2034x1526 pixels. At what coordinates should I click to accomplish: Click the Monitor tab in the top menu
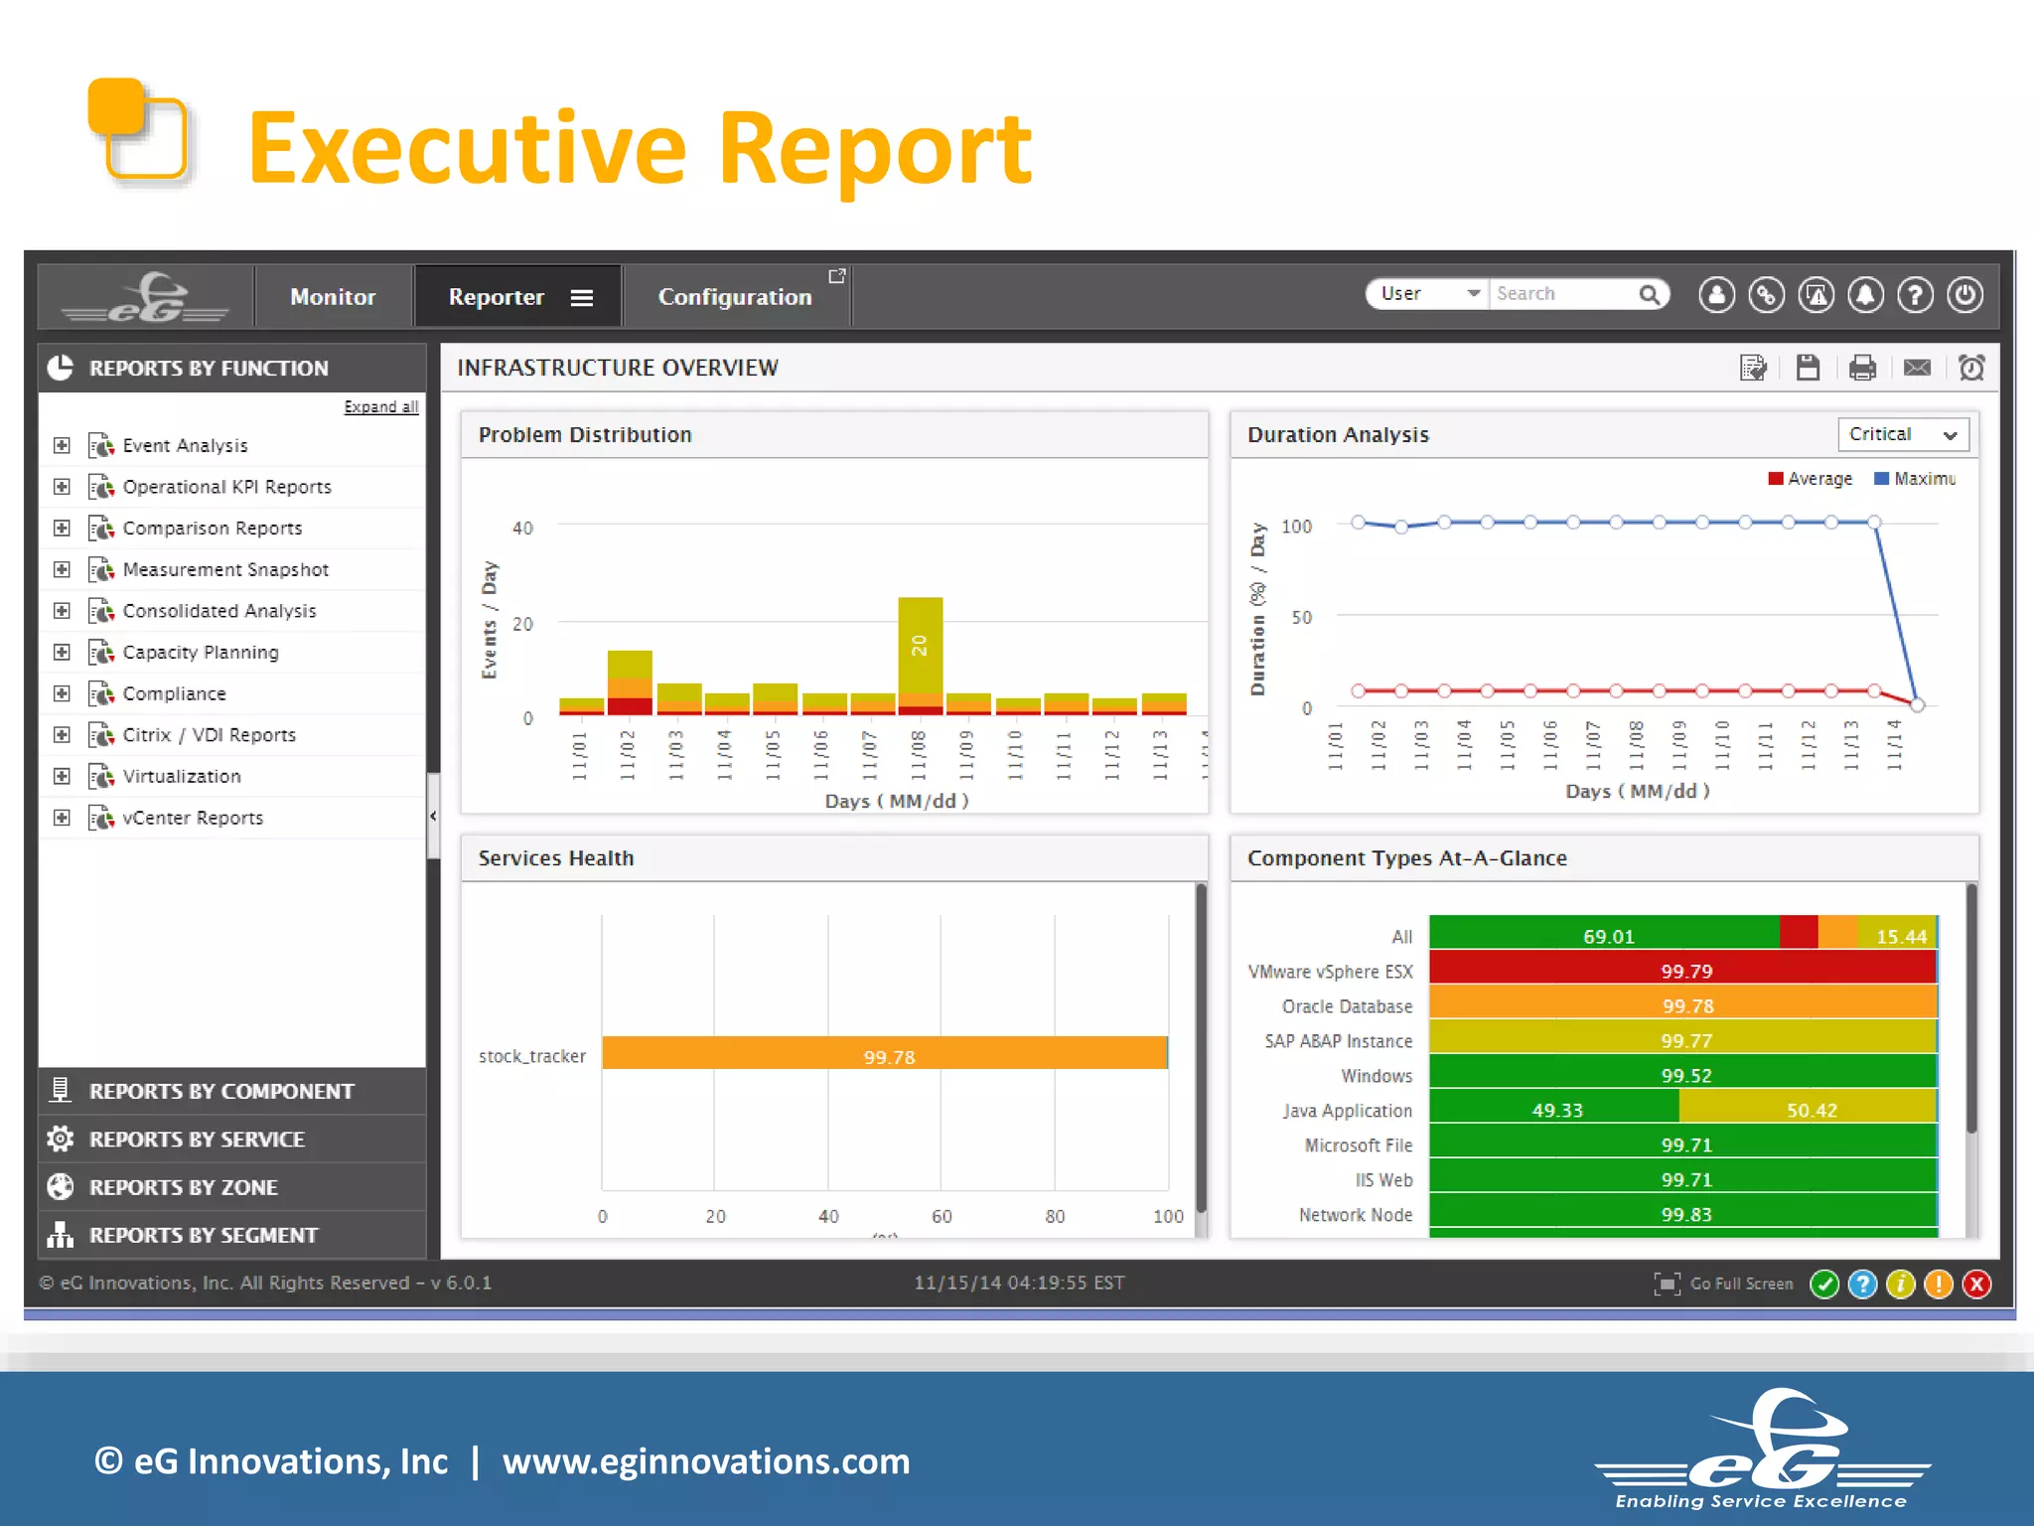[333, 297]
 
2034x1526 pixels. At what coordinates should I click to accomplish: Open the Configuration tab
[735, 297]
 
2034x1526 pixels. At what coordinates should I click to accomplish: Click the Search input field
[1563, 294]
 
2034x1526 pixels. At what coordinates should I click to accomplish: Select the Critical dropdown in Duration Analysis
[1902, 435]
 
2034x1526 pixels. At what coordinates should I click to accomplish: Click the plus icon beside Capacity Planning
[62, 653]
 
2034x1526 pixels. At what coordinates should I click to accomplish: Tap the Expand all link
[380, 407]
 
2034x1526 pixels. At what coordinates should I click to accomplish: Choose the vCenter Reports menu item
[193, 819]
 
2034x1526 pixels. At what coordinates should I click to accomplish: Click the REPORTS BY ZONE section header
[184, 1187]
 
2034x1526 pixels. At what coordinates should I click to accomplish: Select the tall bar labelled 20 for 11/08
[920, 646]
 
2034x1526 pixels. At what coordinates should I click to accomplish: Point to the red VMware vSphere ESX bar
[1682, 970]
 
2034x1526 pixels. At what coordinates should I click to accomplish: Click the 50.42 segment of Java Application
[1810, 1109]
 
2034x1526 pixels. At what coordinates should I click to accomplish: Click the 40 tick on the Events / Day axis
[522, 529]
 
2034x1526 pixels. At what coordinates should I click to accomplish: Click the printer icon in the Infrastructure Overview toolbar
[1862, 369]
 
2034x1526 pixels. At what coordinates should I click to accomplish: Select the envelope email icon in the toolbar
[1917, 369]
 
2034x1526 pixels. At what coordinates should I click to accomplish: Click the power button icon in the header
[1964, 295]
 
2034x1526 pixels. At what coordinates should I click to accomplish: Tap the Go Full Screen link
[1740, 1284]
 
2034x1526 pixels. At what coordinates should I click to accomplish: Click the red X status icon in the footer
[1976, 1285]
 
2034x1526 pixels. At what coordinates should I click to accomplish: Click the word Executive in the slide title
[467, 149]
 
